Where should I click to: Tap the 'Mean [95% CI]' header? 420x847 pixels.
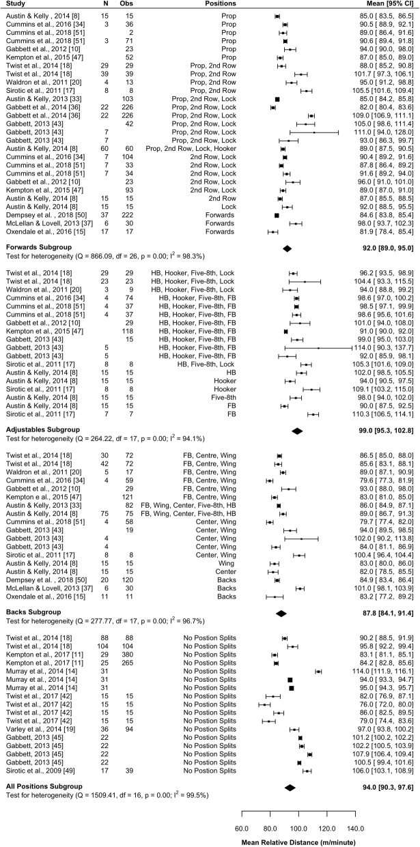pos(384,5)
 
